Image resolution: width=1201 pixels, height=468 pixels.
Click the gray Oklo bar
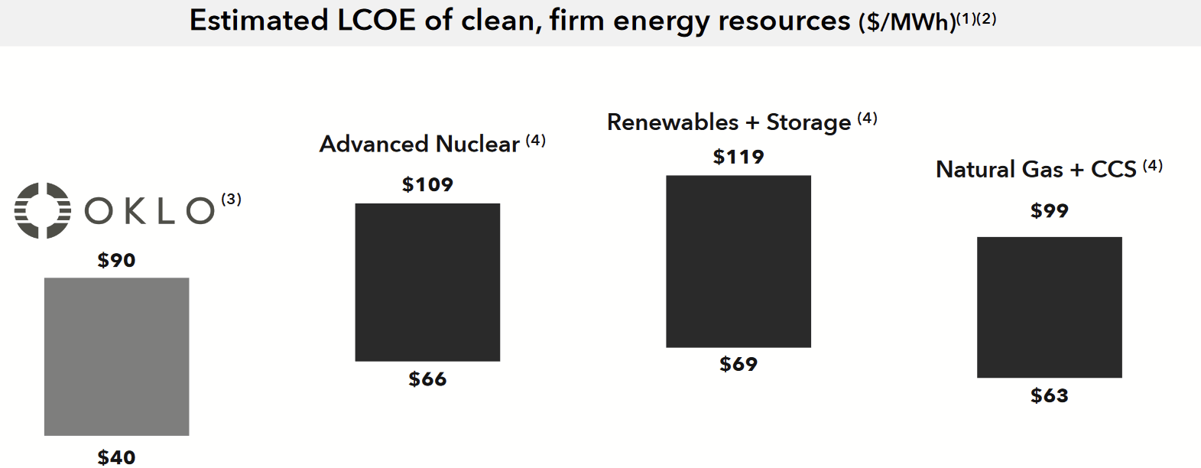(x=116, y=356)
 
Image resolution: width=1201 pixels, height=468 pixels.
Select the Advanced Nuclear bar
(x=427, y=282)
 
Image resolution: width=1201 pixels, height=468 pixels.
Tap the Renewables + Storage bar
(x=738, y=262)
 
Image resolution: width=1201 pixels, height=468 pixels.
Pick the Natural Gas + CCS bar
(x=1049, y=307)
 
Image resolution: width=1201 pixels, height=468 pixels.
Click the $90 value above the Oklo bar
(x=116, y=261)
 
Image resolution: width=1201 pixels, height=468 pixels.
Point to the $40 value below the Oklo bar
(x=116, y=457)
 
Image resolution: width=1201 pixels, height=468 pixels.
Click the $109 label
(x=427, y=184)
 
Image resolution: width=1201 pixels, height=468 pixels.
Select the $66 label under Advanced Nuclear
(x=427, y=379)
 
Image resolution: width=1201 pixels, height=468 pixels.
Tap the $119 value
(x=738, y=157)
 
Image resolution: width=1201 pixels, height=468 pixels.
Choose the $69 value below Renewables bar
(x=738, y=364)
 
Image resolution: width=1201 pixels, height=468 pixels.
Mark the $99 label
(x=1049, y=211)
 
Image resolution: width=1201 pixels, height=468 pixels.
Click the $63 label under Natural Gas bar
(x=1049, y=396)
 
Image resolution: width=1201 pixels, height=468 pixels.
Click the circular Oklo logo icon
(x=43, y=210)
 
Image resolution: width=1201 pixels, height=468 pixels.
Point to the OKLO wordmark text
(x=150, y=211)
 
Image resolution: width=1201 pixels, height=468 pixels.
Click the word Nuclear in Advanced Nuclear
(x=477, y=145)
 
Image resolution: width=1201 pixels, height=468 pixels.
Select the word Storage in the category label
(x=808, y=122)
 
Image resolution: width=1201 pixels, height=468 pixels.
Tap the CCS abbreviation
(x=1113, y=170)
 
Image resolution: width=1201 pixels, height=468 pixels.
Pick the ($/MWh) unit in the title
(x=907, y=22)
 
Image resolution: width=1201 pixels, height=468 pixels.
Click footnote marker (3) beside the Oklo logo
(x=231, y=200)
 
